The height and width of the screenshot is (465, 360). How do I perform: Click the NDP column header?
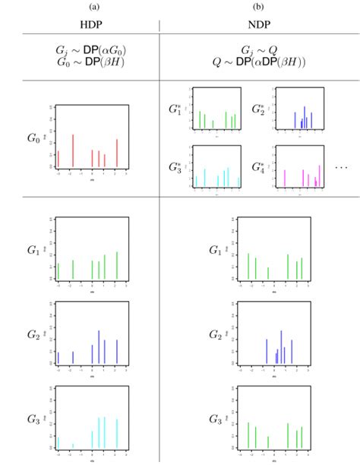258,25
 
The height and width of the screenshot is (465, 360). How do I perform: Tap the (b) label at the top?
258,6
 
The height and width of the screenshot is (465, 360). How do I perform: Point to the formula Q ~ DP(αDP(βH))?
258,62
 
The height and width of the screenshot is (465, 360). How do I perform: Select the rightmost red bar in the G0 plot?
117,153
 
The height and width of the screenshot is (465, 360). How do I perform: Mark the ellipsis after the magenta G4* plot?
341,167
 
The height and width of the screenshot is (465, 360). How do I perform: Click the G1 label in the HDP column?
33,249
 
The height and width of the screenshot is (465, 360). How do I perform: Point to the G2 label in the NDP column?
215,335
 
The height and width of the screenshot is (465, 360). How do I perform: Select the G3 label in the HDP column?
33,419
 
